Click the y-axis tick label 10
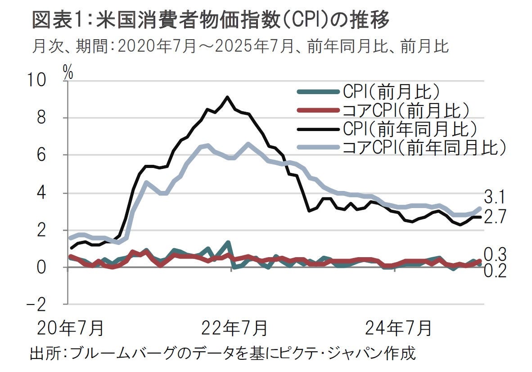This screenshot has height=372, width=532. coord(37,81)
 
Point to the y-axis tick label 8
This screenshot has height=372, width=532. coord(41,118)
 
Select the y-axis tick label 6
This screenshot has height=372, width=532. coord(41,155)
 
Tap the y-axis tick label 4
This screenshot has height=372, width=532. coord(41,193)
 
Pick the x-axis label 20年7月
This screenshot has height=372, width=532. coord(70,327)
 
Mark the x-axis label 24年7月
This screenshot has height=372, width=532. coord(399,327)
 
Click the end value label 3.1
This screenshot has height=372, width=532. coord(495,197)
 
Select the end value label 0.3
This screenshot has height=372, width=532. coord(495,254)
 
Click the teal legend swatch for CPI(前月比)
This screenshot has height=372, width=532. coord(318,92)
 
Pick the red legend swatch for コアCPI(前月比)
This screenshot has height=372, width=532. coord(318,110)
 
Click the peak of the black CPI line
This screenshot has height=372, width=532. coord(227,97)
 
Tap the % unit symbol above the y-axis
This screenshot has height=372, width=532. coord(68,72)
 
